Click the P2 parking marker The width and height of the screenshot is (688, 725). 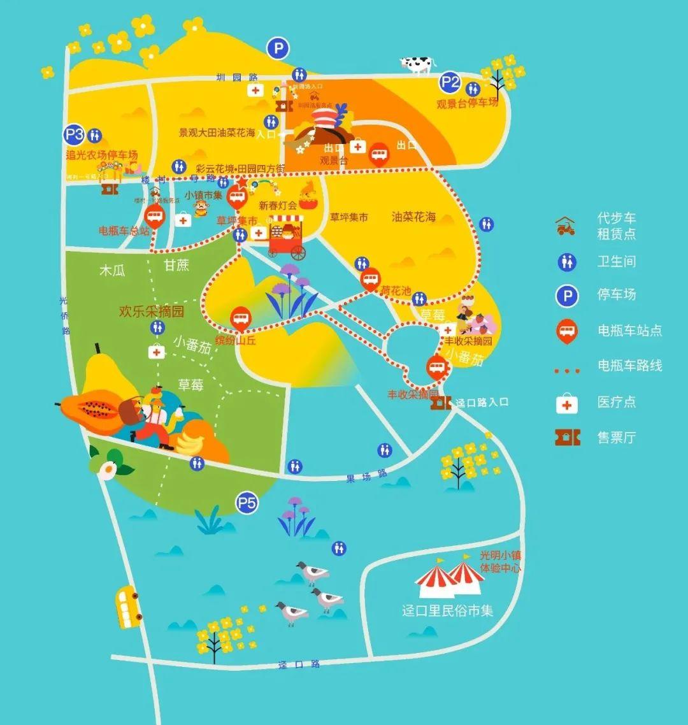point(450,82)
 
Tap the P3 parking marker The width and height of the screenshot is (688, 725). point(75,134)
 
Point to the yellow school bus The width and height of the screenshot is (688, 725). point(128,607)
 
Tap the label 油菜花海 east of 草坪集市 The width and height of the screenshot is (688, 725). point(414,217)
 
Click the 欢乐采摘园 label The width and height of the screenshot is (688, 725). point(152,312)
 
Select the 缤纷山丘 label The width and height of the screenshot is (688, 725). point(236,341)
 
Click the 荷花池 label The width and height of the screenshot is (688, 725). point(396,291)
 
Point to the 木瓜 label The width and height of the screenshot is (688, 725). point(112,270)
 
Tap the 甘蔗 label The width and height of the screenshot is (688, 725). point(176,265)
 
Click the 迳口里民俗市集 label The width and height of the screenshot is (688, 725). point(448,610)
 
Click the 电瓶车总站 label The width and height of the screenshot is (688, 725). point(124,231)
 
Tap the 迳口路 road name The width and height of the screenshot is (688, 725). point(299,664)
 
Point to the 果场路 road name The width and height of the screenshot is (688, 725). point(367,475)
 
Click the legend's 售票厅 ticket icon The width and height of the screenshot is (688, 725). point(567,438)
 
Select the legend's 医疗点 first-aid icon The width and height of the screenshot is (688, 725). point(567,403)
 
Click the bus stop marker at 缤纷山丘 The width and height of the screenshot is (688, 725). point(240,318)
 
